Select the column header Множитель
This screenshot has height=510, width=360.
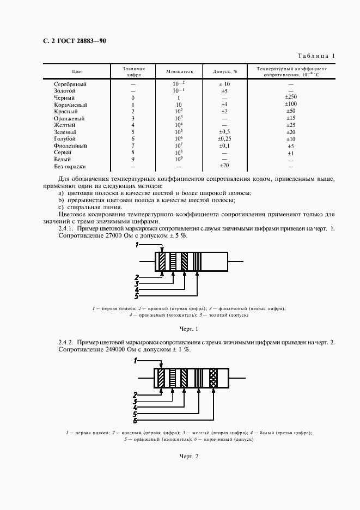(172, 71)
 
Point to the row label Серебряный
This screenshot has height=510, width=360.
(70, 84)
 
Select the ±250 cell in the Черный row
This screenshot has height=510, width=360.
(290, 98)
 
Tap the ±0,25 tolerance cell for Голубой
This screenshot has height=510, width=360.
(224, 139)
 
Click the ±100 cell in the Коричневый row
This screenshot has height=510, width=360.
(290, 105)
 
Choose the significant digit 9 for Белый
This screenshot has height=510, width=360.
(133, 160)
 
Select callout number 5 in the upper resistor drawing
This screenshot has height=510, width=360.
(137, 296)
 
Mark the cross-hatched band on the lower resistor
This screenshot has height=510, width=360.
(213, 378)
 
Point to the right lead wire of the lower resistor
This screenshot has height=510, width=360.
(239, 378)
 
